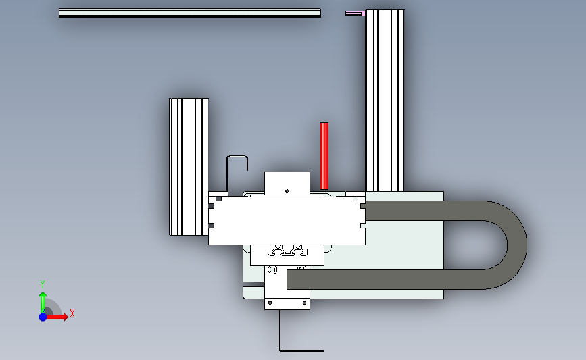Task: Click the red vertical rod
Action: (324, 156)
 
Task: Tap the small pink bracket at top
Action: (355, 14)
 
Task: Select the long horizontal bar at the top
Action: (190, 13)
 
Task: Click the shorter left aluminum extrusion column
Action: (189, 167)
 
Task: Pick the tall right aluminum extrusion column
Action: (385, 101)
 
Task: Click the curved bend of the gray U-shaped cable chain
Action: (516, 245)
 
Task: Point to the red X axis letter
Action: (72, 313)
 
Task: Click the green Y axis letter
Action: (43, 284)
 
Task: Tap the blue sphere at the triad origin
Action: (43, 317)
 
